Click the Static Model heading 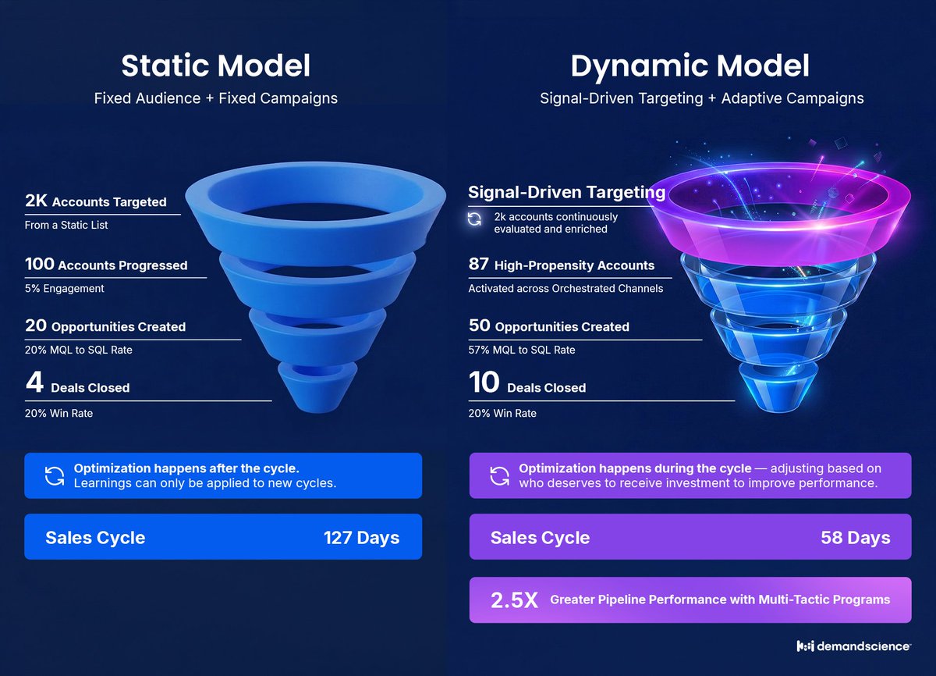pos(215,66)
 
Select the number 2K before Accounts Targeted pos(37,201)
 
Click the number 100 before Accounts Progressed pos(41,265)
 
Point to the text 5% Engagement pos(64,288)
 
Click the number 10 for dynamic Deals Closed pos(483,384)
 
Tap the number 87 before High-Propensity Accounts pos(478,265)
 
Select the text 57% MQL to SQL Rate pos(521,350)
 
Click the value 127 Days pos(361,537)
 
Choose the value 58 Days pos(855,537)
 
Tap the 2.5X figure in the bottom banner pos(514,600)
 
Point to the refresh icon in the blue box pos(55,476)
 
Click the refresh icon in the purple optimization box pos(499,476)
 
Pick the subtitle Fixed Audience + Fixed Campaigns pos(215,99)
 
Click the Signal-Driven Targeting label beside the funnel pos(566,192)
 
